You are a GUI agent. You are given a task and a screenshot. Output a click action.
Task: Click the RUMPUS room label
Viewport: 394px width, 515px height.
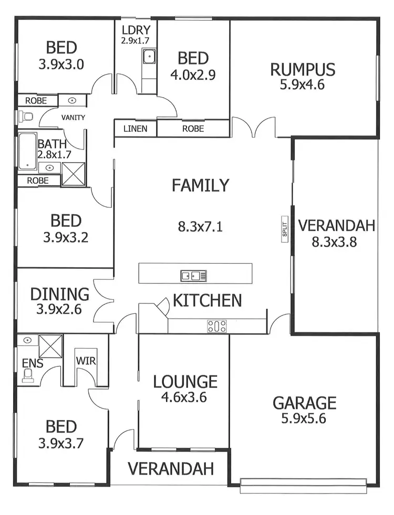click(303, 69)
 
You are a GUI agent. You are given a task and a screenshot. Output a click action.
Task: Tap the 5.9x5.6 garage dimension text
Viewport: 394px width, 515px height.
click(304, 419)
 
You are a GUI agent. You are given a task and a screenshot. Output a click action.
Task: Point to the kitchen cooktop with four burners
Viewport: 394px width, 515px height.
click(217, 326)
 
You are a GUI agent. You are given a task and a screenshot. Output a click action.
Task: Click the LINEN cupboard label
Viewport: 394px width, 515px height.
click(135, 129)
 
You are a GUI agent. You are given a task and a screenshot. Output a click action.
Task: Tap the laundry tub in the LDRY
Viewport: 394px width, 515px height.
click(149, 55)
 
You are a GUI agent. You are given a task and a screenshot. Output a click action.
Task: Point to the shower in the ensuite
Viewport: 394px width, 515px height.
click(51, 345)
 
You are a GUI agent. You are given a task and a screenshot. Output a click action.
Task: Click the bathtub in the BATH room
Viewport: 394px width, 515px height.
click(27, 152)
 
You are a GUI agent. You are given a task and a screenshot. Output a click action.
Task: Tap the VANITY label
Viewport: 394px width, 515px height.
click(73, 118)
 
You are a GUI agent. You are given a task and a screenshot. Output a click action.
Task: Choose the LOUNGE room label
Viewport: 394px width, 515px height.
click(185, 381)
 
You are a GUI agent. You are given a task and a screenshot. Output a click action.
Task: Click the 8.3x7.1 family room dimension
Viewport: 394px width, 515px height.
click(200, 227)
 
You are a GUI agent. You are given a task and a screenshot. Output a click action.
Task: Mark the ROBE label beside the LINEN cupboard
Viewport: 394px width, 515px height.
click(193, 129)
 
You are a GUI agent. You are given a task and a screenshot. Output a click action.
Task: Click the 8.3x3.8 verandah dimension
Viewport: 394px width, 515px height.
click(336, 243)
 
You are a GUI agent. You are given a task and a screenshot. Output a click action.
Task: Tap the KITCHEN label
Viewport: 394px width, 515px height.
click(208, 300)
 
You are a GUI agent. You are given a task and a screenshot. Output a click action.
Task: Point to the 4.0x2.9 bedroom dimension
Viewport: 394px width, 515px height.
click(193, 75)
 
